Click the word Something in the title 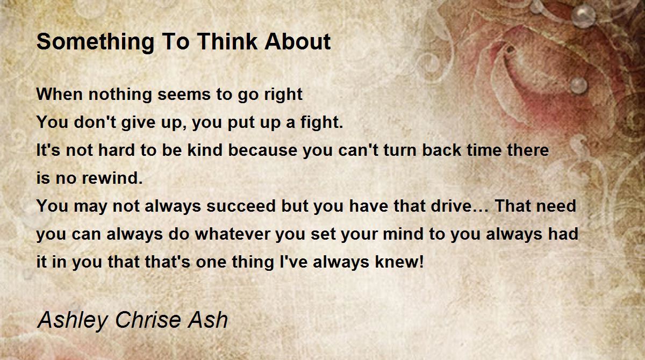pos(95,42)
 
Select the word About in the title pos(297,41)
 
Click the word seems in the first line pos(184,95)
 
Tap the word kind pos(205,150)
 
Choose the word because pos(263,150)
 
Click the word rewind pos(112,178)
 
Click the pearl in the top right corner pos(583,15)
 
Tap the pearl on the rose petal pos(578,85)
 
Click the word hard pos(117,150)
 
